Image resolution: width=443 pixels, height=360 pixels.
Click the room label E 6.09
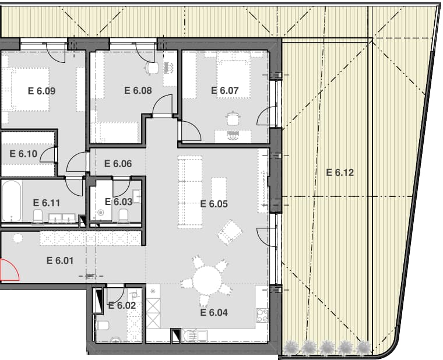(41, 91)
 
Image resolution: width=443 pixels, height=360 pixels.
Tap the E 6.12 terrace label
(340, 172)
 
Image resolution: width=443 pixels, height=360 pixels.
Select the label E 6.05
(214, 204)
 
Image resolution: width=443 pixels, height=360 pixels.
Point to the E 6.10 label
(23, 154)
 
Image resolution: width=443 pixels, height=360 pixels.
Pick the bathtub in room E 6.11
(11, 201)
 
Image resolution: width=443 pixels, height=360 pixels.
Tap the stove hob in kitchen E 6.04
(262, 316)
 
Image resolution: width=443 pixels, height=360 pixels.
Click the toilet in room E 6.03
(123, 215)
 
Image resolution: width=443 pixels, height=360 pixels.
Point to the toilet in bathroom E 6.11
(38, 216)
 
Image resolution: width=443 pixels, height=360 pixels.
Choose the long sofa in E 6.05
(190, 192)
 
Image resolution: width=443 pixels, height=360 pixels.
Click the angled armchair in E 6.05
(230, 232)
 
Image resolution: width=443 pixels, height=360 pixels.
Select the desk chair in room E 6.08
(152, 68)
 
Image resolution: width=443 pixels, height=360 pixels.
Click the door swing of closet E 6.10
(48, 157)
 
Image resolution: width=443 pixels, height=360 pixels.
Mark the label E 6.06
(118, 164)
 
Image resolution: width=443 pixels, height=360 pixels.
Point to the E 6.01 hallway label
(60, 260)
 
